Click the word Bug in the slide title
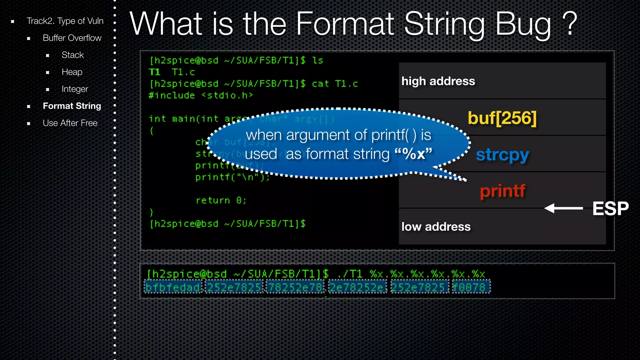point(523,24)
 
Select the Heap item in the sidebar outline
point(72,72)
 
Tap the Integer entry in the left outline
point(75,89)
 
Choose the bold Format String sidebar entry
point(72,106)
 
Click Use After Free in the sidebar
point(70,123)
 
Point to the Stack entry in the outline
point(72,55)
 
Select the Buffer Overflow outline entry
point(72,38)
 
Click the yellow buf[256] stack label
point(502,118)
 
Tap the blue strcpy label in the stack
point(502,155)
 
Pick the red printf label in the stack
point(502,191)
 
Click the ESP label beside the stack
point(610,208)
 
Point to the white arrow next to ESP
point(563,208)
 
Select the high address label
point(438,81)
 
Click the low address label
point(436,227)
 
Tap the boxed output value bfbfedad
point(172,287)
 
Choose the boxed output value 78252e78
point(295,287)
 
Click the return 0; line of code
point(221,200)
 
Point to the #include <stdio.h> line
point(201,95)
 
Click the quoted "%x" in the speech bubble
point(413,154)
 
